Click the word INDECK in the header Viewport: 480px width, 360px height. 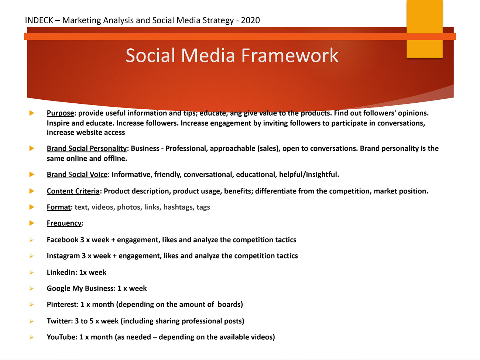point(39,20)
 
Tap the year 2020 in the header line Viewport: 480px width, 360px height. point(250,20)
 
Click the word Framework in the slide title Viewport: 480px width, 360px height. point(290,55)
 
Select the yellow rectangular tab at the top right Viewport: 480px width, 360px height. point(425,29)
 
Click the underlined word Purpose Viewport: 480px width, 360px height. point(60,113)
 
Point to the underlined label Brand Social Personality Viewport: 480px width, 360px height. point(87,148)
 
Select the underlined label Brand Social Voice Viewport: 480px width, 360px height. point(77,174)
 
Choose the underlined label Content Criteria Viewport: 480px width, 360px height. point(73,191)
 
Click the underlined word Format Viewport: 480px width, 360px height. point(59,207)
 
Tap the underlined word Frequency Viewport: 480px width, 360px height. point(64,223)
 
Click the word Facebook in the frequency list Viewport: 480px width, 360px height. point(62,240)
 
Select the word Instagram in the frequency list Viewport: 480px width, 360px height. point(63,256)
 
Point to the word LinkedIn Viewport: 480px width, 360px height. point(61,272)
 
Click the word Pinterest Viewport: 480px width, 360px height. point(62,304)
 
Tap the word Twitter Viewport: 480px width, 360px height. point(59,321)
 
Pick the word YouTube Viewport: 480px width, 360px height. point(61,337)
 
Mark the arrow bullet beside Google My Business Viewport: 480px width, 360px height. point(31,288)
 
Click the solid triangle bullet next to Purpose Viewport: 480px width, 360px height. point(32,113)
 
